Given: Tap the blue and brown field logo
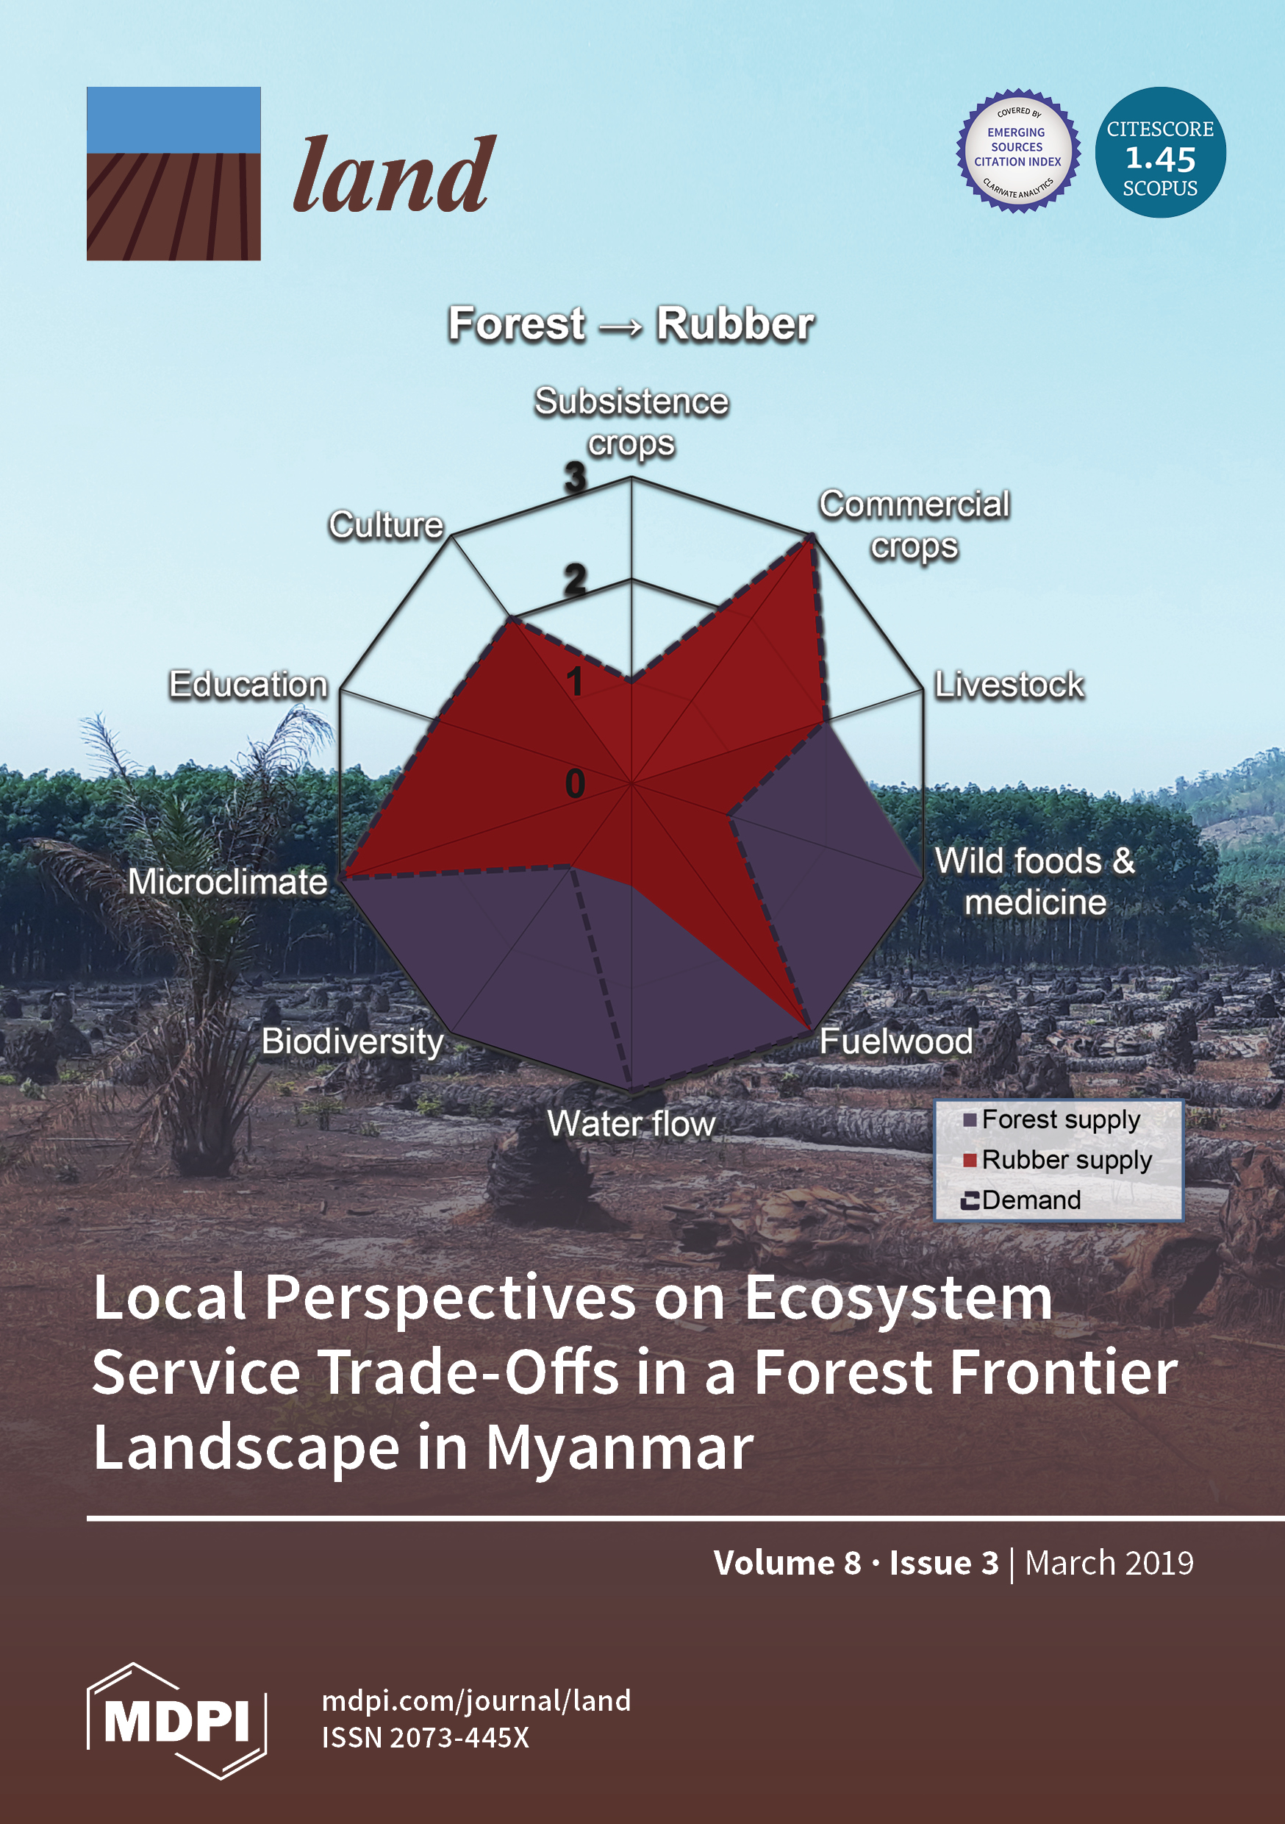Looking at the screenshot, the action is pos(174,173).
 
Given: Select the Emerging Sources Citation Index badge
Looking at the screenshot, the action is pos(1018,151).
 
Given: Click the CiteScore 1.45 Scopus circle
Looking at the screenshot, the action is pos(1160,152).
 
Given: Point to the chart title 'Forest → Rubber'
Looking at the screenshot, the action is pos(631,324).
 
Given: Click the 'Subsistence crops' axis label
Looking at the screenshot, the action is pos(631,422).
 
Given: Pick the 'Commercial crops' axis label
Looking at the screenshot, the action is pos(914,525).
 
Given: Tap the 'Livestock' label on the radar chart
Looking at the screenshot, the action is pos(1009,685).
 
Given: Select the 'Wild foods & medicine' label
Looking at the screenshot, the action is pos(1035,882).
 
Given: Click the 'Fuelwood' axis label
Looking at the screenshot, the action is pos(897,1041).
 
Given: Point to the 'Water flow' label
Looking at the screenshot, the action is pos(631,1123).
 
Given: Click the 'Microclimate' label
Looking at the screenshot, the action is pos(228,882).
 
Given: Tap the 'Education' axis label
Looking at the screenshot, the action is pos(248,685).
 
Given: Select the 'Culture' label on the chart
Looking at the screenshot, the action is pos(387,525).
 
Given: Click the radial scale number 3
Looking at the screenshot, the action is pos(575,477).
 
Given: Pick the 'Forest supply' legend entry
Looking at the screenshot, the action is pos(1052,1119).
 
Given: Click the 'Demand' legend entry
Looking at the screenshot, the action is pos(1021,1200).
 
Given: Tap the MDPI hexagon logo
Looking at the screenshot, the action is pos(176,1721).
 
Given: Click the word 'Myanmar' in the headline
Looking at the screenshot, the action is pos(620,1448).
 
